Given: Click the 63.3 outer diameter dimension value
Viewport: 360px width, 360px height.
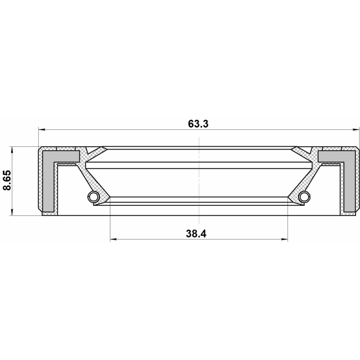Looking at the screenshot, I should pos(199,124).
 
